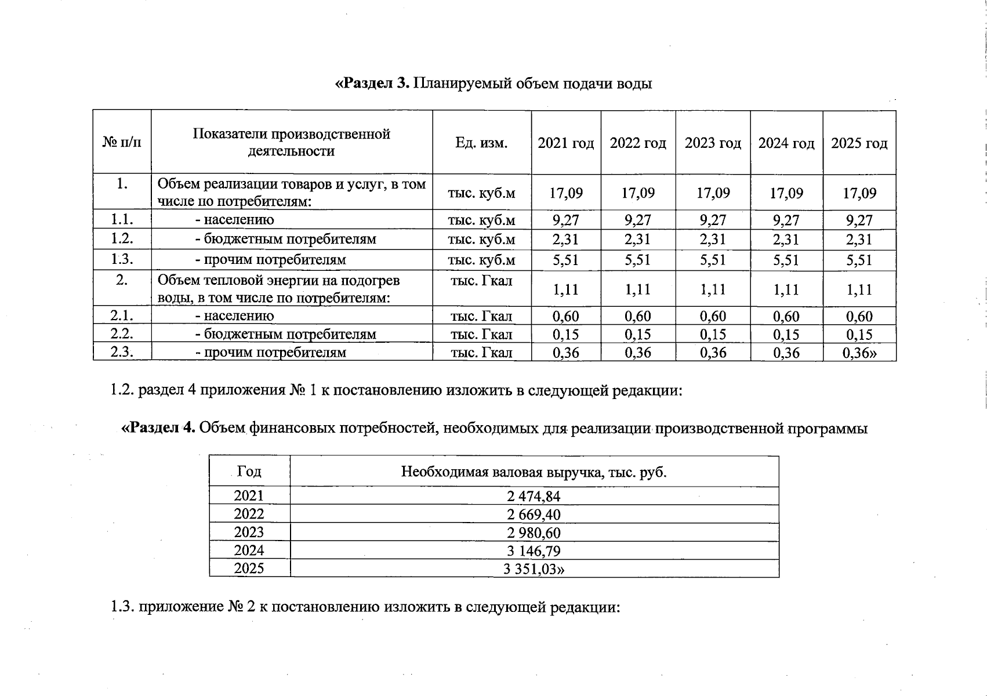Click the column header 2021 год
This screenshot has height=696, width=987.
click(565, 143)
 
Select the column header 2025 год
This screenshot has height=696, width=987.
click(859, 143)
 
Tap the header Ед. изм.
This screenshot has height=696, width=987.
click(481, 143)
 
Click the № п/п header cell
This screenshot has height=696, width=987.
click(122, 143)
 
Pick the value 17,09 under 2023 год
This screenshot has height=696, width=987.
click(713, 193)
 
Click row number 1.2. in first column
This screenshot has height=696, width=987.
click(122, 239)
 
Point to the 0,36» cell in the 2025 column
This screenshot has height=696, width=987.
click(859, 353)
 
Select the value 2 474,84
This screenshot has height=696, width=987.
click(534, 496)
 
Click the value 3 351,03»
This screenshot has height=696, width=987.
click(534, 569)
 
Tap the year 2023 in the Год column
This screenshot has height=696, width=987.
click(249, 532)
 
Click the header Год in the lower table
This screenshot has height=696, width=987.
click(249, 472)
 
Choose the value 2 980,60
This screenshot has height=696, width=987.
click(534, 533)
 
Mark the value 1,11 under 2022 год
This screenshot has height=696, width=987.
click(638, 289)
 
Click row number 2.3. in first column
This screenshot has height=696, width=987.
click(122, 352)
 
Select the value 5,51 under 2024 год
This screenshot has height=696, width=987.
click(786, 260)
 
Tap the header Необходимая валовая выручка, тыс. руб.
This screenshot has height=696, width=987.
click(534, 472)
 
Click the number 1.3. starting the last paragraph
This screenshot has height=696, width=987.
click(122, 607)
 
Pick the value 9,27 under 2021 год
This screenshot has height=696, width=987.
click(565, 220)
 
